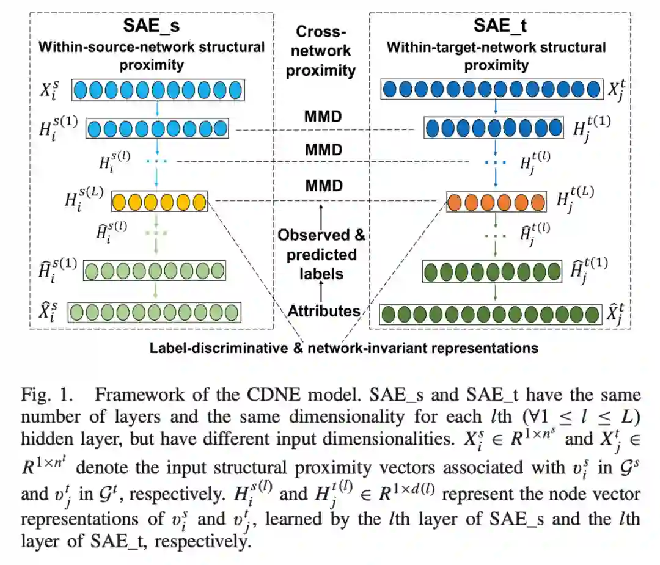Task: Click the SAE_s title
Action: [152, 27]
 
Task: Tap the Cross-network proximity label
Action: [321, 51]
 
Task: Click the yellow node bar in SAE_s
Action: [159, 201]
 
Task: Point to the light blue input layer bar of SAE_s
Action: [158, 90]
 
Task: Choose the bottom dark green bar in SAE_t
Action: [490, 315]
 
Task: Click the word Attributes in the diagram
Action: [324, 311]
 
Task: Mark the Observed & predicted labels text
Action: [322, 253]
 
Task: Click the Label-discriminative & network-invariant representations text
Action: [343, 348]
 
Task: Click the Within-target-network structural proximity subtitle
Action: [496, 55]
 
